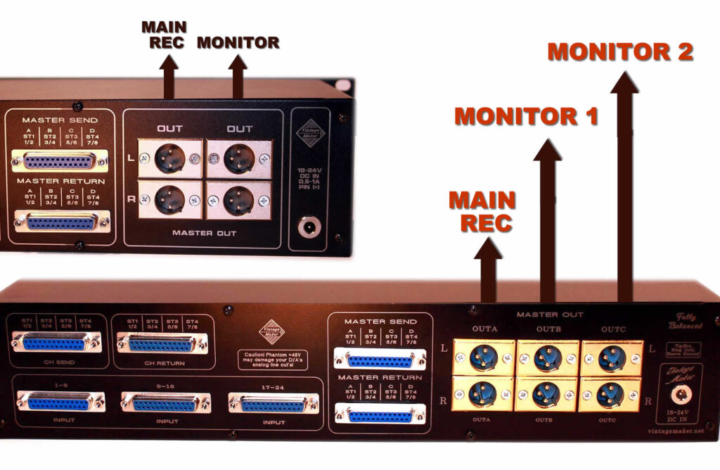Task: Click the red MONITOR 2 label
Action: click(620, 52)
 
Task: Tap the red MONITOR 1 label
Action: click(526, 115)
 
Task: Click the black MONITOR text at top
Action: click(238, 43)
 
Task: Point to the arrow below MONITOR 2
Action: click(624, 190)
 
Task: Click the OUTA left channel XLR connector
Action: click(484, 357)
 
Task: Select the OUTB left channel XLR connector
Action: click(547, 357)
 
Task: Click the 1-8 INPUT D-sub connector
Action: click(60, 402)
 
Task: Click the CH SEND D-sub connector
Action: click(56, 343)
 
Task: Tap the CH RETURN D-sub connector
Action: click(162, 343)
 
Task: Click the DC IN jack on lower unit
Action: click(679, 395)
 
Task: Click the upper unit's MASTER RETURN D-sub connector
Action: click(61, 222)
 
